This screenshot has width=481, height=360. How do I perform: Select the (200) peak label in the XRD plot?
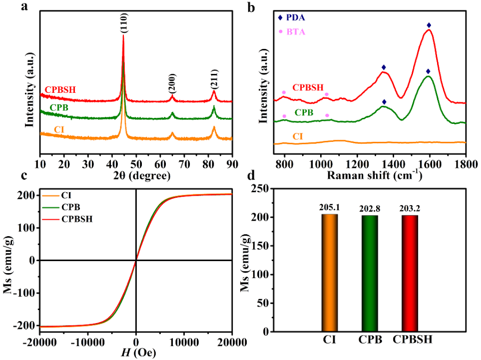point(171,85)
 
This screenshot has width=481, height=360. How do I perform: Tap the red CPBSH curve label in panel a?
point(60,90)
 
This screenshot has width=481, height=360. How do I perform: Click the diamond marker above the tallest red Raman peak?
point(429,25)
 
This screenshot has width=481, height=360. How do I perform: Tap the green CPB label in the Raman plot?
point(304,113)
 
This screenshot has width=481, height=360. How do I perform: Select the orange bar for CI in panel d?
point(329,273)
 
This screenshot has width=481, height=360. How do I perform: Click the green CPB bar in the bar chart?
point(370,273)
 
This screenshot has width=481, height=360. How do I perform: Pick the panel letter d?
point(253,176)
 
